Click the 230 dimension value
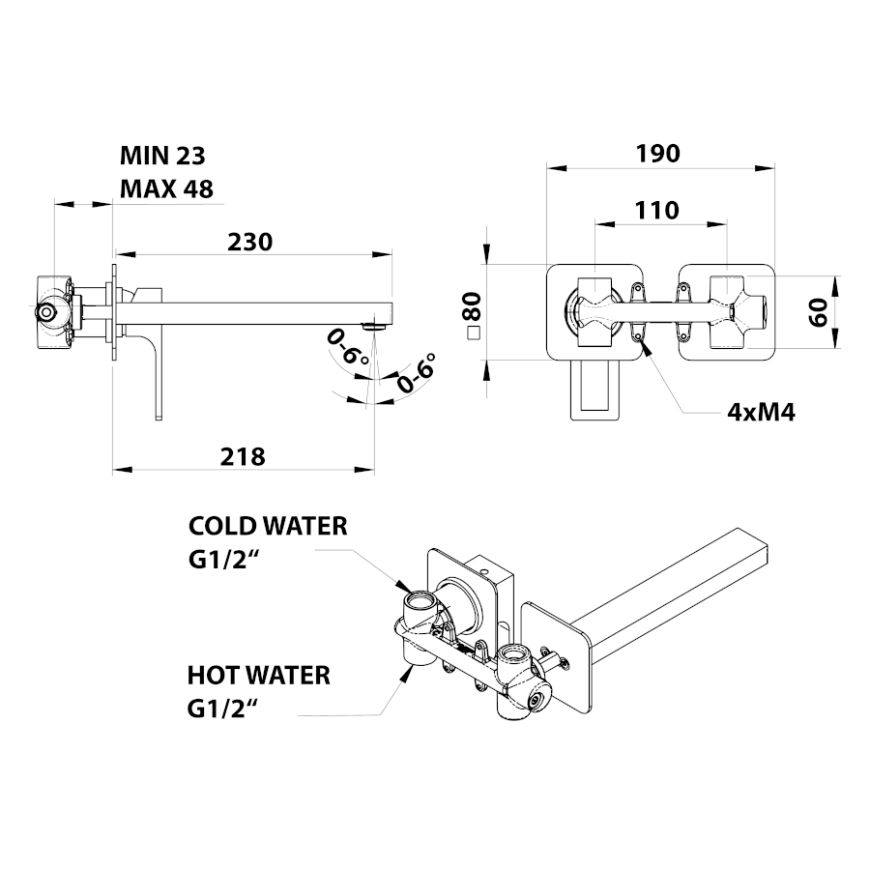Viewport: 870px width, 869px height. (250, 241)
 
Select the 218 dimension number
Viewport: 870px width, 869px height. (244, 456)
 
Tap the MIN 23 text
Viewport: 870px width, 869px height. (162, 156)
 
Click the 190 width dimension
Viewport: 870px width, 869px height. (658, 154)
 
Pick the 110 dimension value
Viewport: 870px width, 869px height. (657, 210)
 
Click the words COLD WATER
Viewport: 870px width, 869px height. (268, 526)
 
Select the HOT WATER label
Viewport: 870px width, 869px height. (258, 674)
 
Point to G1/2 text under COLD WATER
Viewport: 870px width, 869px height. (226, 560)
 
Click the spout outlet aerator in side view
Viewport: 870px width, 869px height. (373, 327)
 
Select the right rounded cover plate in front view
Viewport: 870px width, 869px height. (726, 311)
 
